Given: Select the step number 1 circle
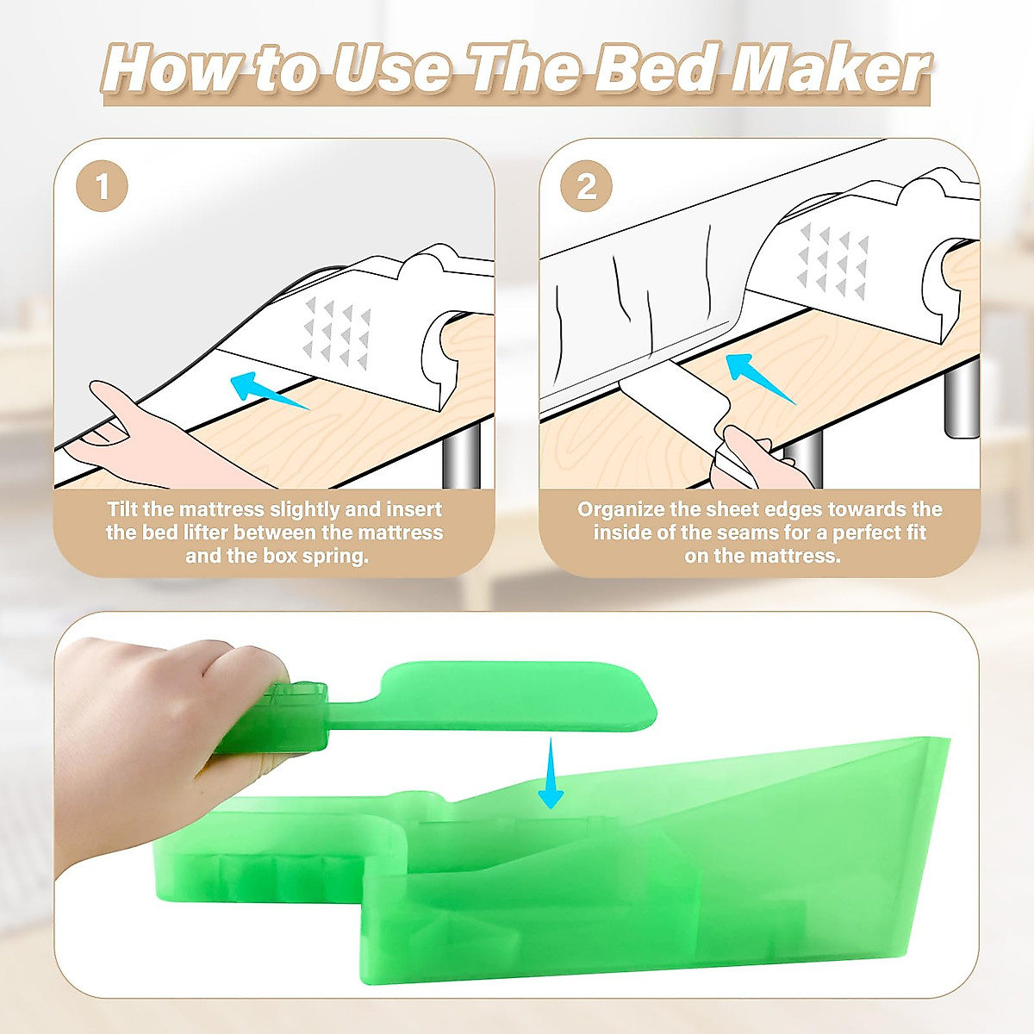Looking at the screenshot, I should tap(103, 186).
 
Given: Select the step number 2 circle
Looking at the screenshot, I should tap(587, 186).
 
